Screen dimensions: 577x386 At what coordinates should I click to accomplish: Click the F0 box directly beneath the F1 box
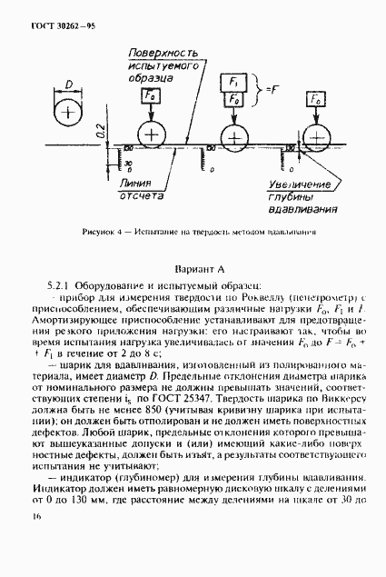[x=233, y=100]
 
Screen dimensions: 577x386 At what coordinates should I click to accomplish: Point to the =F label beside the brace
[x=267, y=91]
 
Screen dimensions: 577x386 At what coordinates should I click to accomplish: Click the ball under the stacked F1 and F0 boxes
[x=234, y=135]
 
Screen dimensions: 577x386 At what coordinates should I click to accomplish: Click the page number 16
[x=36, y=516]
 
